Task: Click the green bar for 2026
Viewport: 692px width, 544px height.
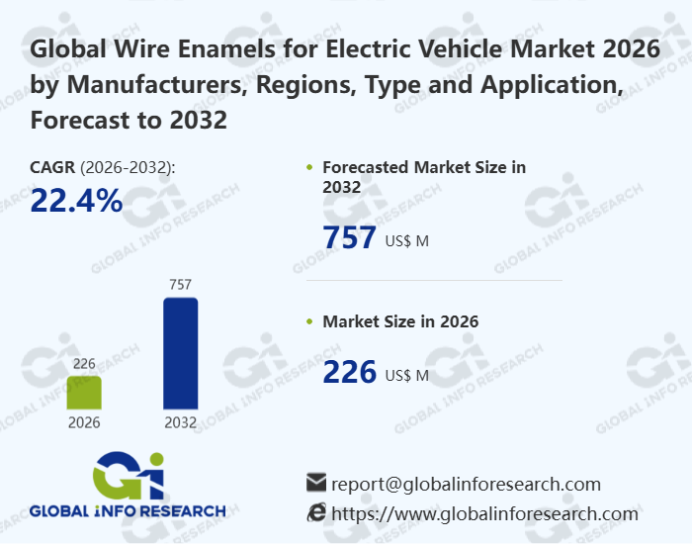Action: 84,392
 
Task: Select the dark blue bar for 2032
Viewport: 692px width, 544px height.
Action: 180,353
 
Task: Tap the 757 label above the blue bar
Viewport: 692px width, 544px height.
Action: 180,285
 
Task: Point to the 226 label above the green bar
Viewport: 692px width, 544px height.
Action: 84,364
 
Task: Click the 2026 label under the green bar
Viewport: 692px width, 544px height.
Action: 84,422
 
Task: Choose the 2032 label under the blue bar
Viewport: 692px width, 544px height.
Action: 180,422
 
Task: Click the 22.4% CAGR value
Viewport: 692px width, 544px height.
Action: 76,201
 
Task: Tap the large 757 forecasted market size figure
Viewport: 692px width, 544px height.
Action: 350,238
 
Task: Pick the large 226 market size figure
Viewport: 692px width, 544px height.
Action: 350,372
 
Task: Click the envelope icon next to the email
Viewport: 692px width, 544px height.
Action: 316,483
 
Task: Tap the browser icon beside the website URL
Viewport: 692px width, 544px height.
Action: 316,512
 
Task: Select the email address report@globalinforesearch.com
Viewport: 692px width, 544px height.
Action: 466,484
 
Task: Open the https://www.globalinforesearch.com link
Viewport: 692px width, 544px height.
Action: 484,513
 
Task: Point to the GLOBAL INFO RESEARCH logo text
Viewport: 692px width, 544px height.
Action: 128,511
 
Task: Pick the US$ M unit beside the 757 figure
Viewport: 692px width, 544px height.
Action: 406,240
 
